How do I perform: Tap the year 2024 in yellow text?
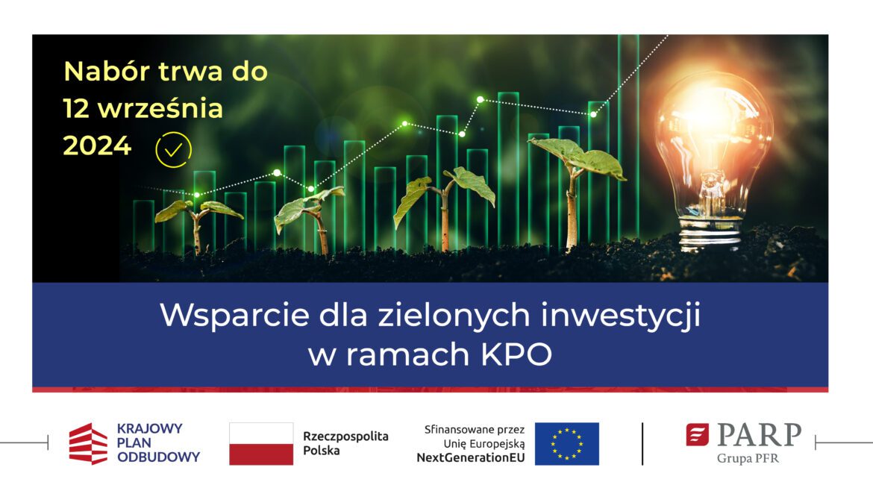(x=98, y=146)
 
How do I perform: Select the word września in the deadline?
(x=160, y=108)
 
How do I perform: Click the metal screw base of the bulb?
(x=711, y=234)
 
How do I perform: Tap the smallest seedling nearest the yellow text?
(x=198, y=224)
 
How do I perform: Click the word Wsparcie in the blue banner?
(x=234, y=315)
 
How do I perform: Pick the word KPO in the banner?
(x=516, y=354)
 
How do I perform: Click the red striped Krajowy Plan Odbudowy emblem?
(x=88, y=444)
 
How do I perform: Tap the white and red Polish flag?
(x=261, y=444)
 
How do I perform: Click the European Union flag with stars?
(x=567, y=444)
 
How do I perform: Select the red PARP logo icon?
(x=697, y=435)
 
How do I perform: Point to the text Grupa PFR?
(x=748, y=458)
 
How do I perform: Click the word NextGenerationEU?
(x=471, y=457)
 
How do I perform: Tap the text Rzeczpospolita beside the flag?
(x=345, y=436)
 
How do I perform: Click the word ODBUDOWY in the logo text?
(x=158, y=457)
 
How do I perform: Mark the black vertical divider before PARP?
(x=642, y=444)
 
